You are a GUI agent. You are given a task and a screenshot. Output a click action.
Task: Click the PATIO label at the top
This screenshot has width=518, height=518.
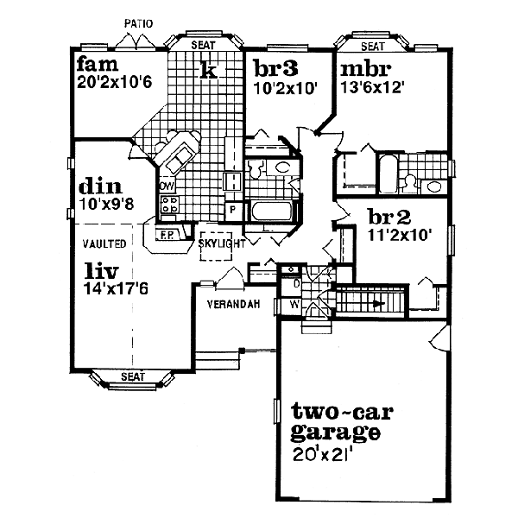138,24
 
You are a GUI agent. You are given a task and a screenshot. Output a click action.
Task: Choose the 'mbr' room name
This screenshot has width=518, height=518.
366,69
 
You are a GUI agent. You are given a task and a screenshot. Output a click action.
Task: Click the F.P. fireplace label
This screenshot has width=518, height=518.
167,234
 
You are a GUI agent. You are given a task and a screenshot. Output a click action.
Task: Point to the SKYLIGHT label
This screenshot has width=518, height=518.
223,244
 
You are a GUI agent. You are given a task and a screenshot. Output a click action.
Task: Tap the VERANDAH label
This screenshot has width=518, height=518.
233,304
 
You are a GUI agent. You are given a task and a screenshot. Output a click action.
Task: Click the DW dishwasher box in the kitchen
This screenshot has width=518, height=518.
167,186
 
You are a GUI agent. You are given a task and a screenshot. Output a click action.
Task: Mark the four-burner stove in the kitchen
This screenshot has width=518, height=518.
168,205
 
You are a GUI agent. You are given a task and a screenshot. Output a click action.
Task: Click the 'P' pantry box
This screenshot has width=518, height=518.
231,209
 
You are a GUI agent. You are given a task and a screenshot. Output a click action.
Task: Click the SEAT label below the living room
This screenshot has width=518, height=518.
132,377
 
